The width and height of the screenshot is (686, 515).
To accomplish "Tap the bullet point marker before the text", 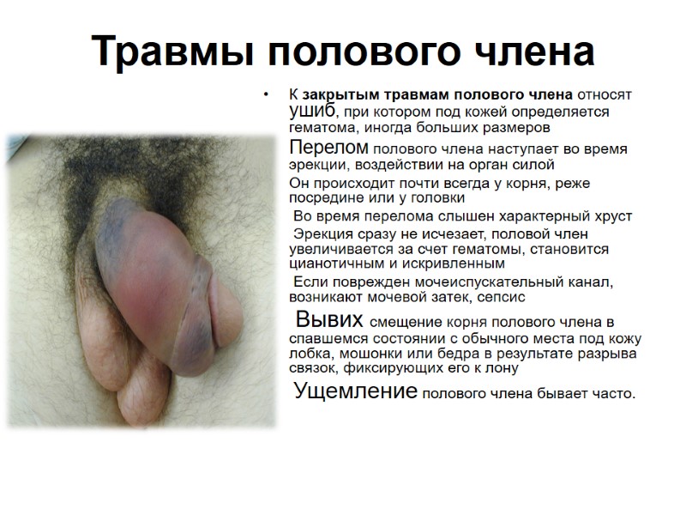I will coord(268,94).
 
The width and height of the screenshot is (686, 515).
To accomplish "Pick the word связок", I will coord(314,369).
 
